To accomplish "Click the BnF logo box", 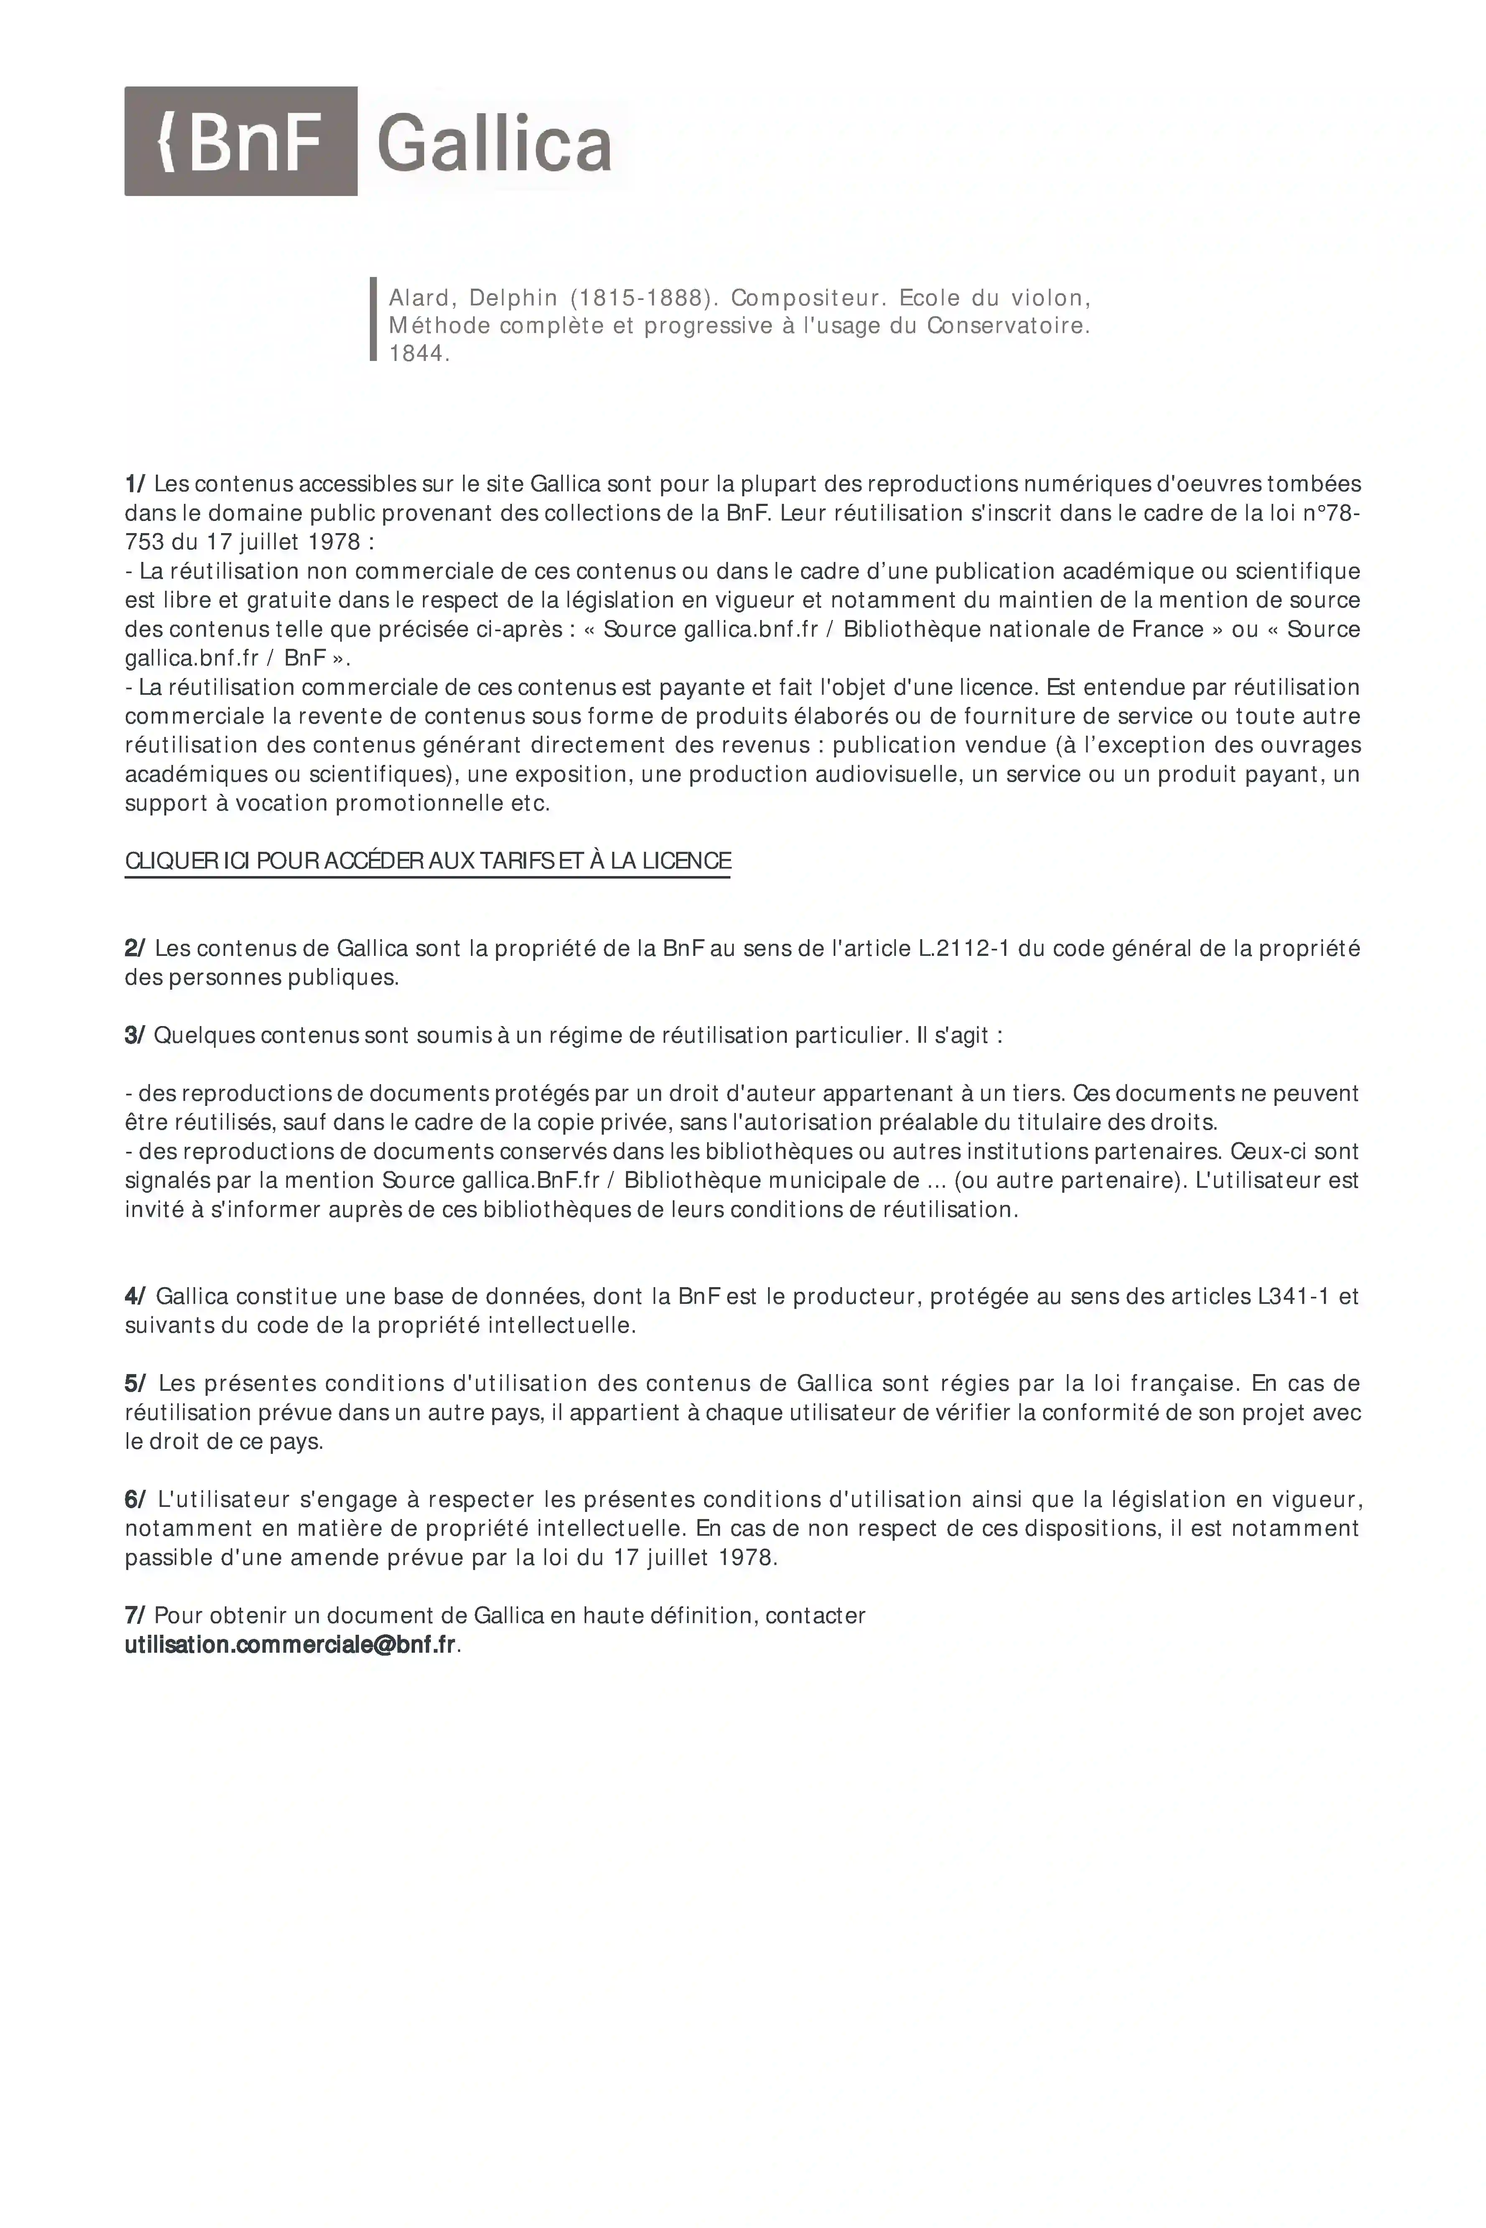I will click(x=241, y=141).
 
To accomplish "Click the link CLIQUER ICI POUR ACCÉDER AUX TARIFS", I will click(x=427, y=861).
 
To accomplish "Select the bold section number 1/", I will click(x=135, y=484).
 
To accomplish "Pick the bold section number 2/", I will click(x=135, y=948).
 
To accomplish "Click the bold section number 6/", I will click(x=135, y=1499).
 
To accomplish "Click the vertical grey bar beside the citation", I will click(x=374, y=319).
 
